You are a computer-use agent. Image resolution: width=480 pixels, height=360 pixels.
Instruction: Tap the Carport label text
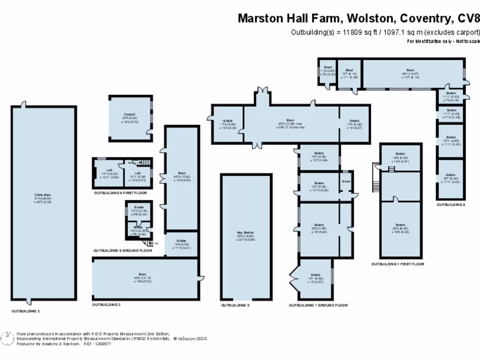coord(130,114)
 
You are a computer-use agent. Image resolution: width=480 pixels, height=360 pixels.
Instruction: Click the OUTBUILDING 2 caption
coord(26,311)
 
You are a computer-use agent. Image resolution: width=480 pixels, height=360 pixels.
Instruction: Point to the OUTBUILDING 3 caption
coord(106,305)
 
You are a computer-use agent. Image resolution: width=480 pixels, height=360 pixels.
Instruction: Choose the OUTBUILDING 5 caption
coord(235,305)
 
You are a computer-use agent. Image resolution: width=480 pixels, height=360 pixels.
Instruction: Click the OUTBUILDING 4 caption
coord(451,205)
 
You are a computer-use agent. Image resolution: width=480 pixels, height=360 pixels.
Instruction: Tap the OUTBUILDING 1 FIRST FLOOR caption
coord(398,264)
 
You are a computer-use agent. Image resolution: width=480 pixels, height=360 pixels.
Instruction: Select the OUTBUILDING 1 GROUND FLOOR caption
coord(318,305)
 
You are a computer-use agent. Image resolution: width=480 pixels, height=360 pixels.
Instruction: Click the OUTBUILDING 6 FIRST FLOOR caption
coord(120,193)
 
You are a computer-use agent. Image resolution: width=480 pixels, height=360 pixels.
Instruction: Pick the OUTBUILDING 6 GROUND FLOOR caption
coord(123,251)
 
